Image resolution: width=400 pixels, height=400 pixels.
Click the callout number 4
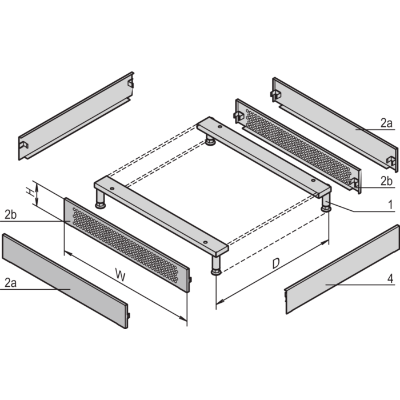click(x=389, y=279)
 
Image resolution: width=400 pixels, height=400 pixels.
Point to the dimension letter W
click(x=120, y=275)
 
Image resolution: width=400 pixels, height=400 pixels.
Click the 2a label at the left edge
click(x=9, y=282)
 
